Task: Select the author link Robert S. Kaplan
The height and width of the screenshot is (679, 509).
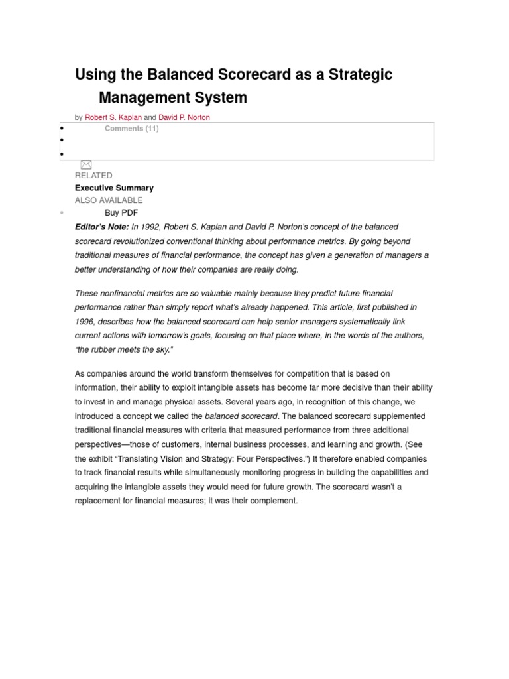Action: coord(113,117)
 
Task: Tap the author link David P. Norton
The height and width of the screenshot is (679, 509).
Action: coord(184,117)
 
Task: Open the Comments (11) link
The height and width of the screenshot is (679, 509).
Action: coord(131,129)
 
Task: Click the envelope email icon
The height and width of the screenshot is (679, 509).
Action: coord(85,164)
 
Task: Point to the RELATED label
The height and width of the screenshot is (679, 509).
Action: coord(93,176)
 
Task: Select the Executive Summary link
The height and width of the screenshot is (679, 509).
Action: coord(114,188)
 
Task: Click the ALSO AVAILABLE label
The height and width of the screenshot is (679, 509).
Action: coord(109,200)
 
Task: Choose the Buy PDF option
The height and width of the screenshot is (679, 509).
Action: coord(121,212)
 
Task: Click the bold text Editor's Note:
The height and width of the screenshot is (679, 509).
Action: coord(102,227)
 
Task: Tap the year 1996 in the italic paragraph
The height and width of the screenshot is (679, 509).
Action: coord(85,322)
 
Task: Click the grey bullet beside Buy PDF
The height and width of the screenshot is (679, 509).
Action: coord(62,213)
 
